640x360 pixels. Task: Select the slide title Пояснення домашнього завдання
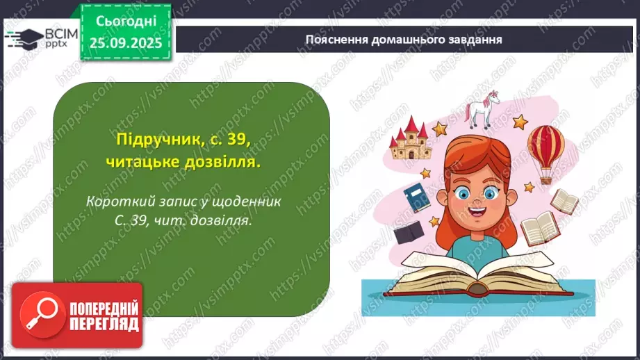(x=404, y=39)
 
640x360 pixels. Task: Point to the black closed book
(x=409, y=231)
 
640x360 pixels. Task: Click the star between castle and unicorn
(x=439, y=128)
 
